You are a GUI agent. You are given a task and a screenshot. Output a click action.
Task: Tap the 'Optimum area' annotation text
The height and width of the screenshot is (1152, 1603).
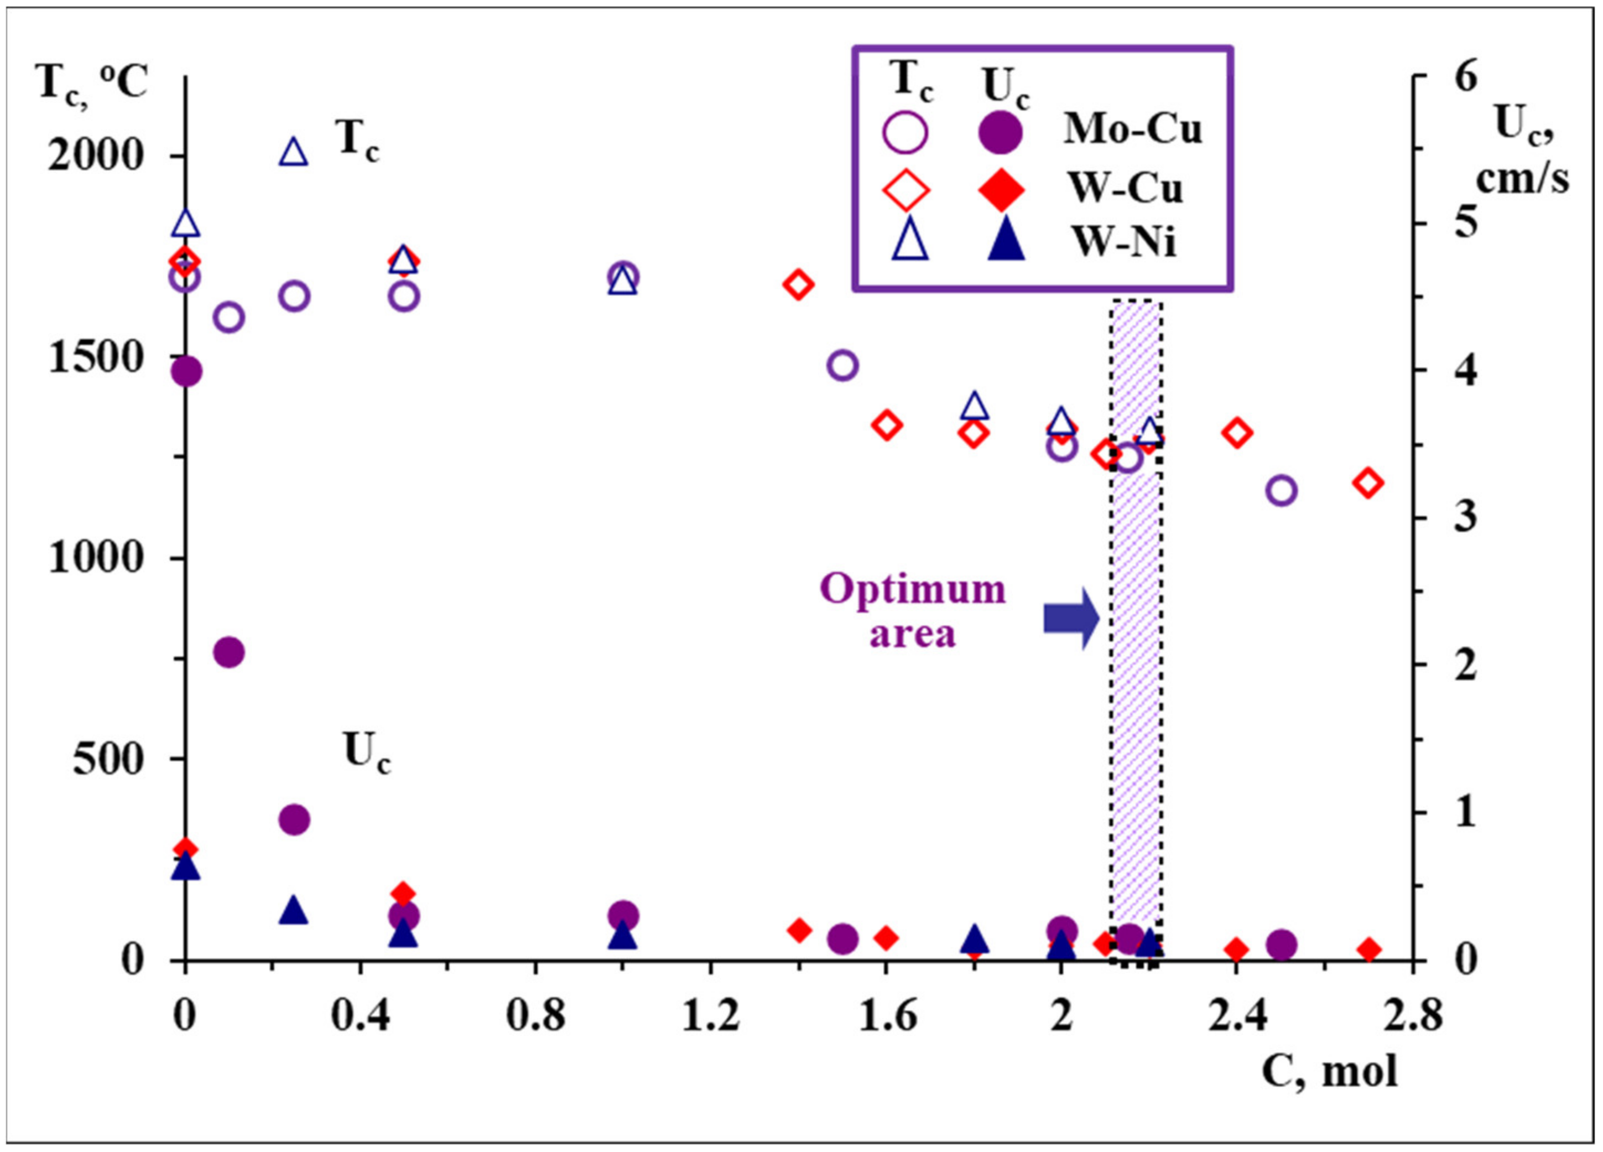tap(913, 611)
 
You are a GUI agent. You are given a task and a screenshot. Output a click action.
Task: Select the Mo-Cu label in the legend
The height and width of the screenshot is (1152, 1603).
tap(1132, 131)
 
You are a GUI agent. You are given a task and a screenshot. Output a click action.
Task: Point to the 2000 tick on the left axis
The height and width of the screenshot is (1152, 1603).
tap(97, 155)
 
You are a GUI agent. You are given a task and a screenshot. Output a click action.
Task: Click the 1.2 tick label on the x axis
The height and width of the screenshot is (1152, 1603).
tap(710, 1016)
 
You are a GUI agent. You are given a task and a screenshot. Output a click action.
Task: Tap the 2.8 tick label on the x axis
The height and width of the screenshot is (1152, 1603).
tap(1412, 1016)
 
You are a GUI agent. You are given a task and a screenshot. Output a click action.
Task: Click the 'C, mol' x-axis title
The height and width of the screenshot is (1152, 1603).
tap(1329, 1070)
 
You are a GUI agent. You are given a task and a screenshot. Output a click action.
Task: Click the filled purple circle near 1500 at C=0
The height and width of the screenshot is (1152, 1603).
tap(186, 371)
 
